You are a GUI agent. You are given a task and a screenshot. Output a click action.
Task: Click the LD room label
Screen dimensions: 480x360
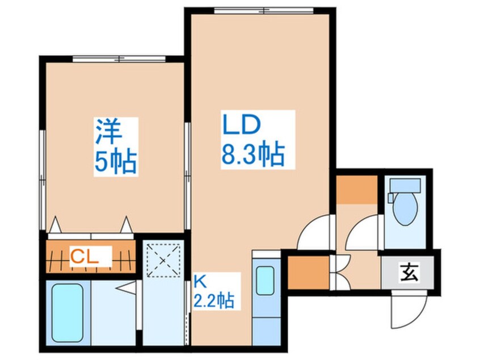pyautogui.click(x=242, y=124)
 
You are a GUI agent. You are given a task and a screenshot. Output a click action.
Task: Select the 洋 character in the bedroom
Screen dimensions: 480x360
pyautogui.click(x=109, y=132)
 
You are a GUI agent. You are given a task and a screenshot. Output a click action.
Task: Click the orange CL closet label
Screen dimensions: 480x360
pyautogui.click(x=85, y=257)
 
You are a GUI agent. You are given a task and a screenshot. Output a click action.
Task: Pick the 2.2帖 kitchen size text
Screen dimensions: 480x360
pyautogui.click(x=214, y=300)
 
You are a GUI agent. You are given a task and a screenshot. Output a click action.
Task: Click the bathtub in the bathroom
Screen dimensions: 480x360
pyautogui.click(x=68, y=313)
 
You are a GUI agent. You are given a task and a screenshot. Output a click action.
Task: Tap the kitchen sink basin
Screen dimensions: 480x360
pyautogui.click(x=265, y=281)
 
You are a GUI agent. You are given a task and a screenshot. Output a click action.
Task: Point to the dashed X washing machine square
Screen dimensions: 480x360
pyautogui.click(x=163, y=260)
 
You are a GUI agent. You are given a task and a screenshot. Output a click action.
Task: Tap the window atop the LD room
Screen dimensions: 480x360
pyautogui.click(x=264, y=11)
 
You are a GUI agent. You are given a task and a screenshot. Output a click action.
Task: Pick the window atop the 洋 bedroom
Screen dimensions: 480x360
pyautogui.click(x=119, y=59)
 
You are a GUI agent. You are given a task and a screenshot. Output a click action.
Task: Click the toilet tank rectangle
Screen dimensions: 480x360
pyautogui.click(x=405, y=185)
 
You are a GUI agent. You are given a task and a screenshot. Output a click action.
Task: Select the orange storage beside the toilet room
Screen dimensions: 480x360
pyautogui.click(x=357, y=189)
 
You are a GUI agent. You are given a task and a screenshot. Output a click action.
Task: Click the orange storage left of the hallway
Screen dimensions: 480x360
pyautogui.click(x=309, y=273)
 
